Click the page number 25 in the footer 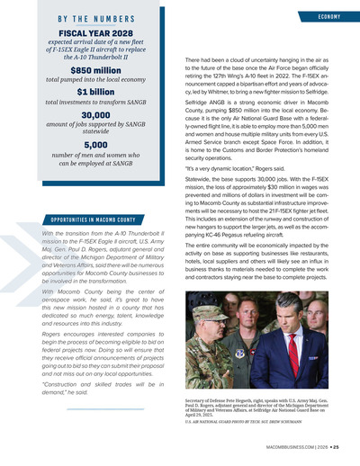[335, 447]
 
